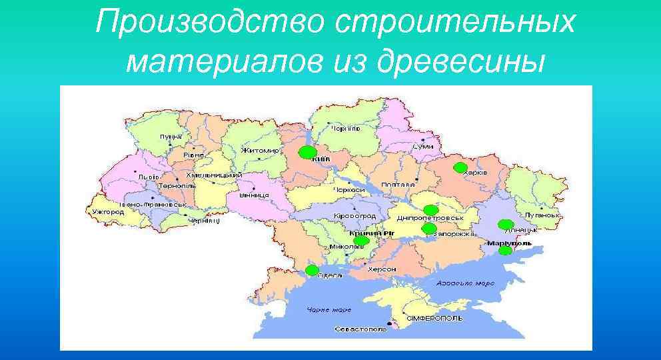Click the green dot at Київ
tap(307, 153)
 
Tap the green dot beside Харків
tap(459, 167)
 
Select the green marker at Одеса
tap(312, 270)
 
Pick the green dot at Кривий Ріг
tap(361, 241)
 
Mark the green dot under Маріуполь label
tap(506, 251)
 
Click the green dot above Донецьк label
tap(506, 224)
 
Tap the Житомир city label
tap(261, 151)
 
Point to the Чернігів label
tap(346, 127)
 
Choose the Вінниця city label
tap(254, 195)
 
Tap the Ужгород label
tap(109, 211)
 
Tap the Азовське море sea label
tap(466, 283)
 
